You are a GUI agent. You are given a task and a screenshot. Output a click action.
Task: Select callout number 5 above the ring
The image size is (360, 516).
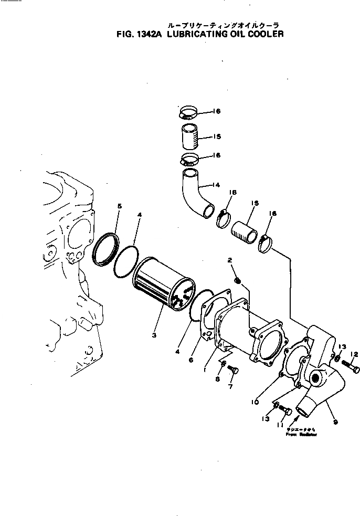(x=119, y=207)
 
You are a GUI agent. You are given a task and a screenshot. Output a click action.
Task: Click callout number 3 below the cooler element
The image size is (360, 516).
(x=154, y=334)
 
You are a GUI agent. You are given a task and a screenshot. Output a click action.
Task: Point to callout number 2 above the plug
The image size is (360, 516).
(x=229, y=260)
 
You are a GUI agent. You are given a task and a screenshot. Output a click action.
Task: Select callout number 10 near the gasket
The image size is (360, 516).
(x=254, y=402)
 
